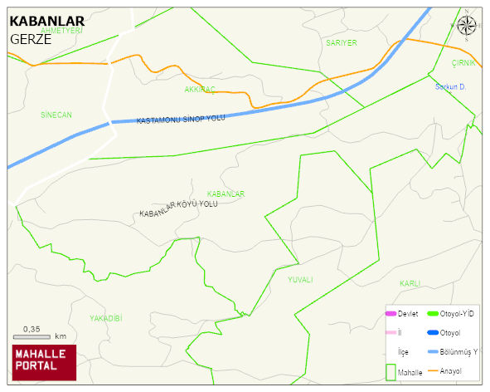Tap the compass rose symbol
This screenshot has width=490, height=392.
point(467,25)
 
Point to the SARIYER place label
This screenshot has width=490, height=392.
point(341,42)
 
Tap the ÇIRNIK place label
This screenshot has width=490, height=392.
point(463,63)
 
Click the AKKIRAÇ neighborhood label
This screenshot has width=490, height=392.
point(200,88)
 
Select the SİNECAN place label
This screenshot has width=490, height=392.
point(56,115)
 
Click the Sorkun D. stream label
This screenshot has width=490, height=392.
point(452,86)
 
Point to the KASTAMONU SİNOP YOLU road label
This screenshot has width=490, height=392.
point(181,120)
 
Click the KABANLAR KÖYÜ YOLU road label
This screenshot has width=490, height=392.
point(178,208)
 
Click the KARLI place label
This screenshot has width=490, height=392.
point(410,282)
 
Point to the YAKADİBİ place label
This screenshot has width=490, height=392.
point(106,318)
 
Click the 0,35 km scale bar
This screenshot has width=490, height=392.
point(38,335)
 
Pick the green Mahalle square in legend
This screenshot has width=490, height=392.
point(391,371)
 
